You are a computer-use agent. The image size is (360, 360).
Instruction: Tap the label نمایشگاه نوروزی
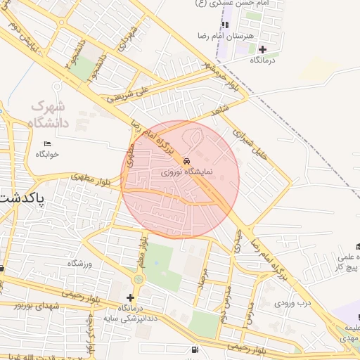pos(181,171)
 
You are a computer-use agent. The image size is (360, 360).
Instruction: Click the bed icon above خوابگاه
pos(47,144)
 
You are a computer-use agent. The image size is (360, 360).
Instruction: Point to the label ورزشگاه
pos(79,263)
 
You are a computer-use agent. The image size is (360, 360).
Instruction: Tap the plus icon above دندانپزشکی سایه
pos(130,297)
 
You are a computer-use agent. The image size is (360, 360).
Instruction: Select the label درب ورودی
pos(292,303)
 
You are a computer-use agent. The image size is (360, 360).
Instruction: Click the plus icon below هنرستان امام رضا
pos(262,49)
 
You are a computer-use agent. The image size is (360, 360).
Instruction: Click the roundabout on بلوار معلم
pos(138,280)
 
